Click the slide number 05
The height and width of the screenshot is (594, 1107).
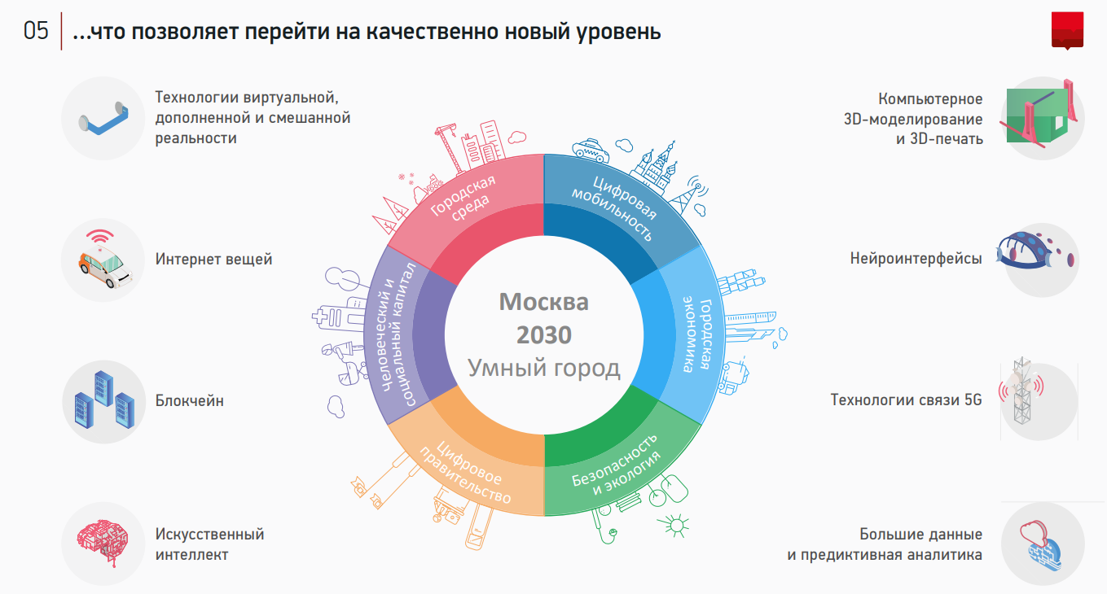[36, 33]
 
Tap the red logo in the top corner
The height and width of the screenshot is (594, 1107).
[1067, 31]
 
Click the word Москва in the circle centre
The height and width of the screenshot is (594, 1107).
[543, 302]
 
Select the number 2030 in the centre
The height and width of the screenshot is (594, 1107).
[543, 334]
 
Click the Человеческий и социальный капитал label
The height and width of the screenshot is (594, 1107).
[397, 334]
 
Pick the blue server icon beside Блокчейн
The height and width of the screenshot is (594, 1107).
[102, 402]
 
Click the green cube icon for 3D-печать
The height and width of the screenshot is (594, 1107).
[1039, 117]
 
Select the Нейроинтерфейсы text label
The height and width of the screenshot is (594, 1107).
[916, 259]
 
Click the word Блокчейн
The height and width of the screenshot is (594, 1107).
[190, 401]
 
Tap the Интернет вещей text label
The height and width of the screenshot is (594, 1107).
[213, 259]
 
